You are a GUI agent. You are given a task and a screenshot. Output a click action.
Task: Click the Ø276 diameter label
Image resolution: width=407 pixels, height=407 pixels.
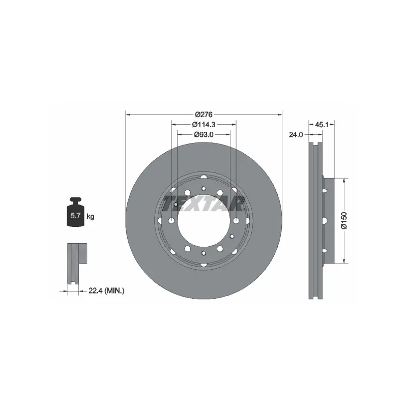204,114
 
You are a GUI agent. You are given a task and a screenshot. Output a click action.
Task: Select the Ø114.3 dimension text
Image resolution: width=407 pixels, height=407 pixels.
204,125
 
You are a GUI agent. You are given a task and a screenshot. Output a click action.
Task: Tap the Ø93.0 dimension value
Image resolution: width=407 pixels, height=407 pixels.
204,134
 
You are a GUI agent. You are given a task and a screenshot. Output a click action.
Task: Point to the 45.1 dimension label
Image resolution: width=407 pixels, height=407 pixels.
322,125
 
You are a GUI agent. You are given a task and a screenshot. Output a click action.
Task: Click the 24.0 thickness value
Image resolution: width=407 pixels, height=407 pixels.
296,135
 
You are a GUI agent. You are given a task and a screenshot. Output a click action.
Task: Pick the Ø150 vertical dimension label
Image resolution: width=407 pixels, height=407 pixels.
344,221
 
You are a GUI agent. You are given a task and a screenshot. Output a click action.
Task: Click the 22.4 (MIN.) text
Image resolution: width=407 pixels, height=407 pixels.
106,290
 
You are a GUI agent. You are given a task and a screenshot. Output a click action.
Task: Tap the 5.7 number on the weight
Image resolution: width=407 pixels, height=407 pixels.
75,215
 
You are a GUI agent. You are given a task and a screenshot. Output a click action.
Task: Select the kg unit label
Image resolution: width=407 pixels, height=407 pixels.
91,216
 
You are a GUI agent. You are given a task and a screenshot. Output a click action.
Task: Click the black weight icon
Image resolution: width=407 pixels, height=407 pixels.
75,212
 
